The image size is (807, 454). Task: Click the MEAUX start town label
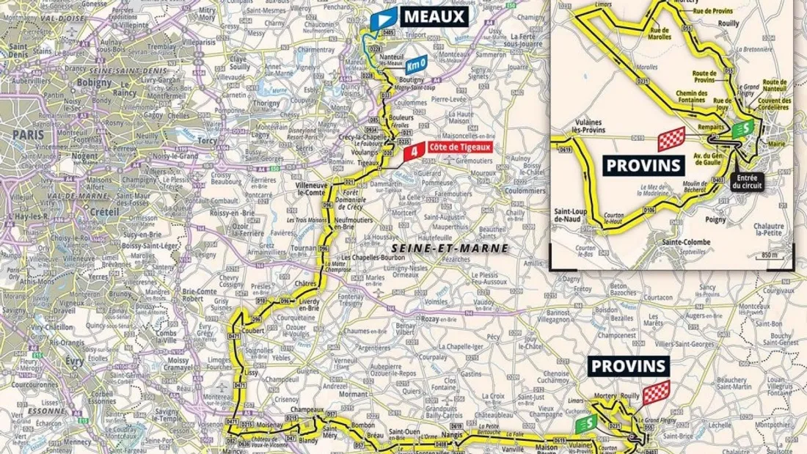coord(434,15)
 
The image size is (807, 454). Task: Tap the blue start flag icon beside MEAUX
coord(384,18)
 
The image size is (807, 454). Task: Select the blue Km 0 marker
coord(416,65)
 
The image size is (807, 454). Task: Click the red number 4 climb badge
coord(415,152)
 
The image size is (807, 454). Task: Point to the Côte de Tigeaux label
coord(459,147)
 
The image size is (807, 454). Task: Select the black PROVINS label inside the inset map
coord(644,164)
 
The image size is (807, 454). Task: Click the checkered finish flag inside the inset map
coord(671,138)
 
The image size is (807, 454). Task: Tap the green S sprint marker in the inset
coord(741,129)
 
